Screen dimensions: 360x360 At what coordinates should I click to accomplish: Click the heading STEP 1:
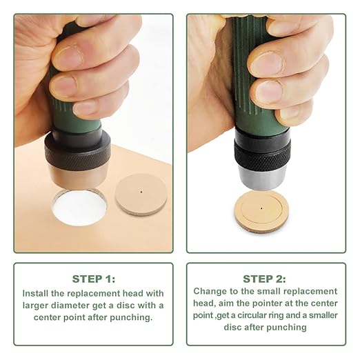tap(93, 279)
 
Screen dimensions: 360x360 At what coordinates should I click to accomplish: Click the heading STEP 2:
tap(266, 279)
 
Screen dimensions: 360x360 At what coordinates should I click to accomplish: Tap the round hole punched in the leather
tap(79, 208)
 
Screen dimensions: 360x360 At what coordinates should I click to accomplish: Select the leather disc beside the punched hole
tap(141, 194)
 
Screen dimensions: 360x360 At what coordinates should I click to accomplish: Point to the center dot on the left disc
tap(141, 192)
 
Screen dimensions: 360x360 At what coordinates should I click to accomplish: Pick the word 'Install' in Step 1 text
tap(37, 292)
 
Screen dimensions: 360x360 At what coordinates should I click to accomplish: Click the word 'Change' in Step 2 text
tap(210, 291)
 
